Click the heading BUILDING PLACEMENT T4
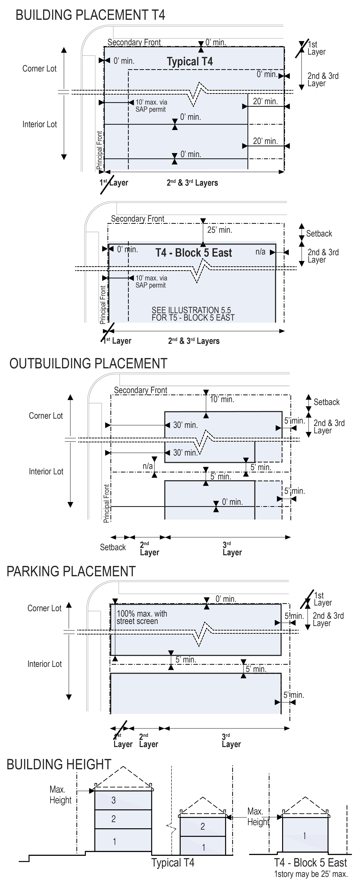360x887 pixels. coord(90,15)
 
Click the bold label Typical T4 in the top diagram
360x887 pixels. coord(190,62)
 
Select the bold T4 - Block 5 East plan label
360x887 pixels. coord(194,253)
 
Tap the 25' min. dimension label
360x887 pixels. coord(220,230)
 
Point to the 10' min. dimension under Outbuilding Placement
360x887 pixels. coord(222,399)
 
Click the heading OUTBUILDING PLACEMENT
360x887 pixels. coord(88,364)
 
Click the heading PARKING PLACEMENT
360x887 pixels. coord(71,571)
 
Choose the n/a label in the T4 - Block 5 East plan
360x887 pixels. coord(260,252)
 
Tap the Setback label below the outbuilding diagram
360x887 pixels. coord(113,547)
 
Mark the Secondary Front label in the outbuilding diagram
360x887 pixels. coord(140,390)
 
